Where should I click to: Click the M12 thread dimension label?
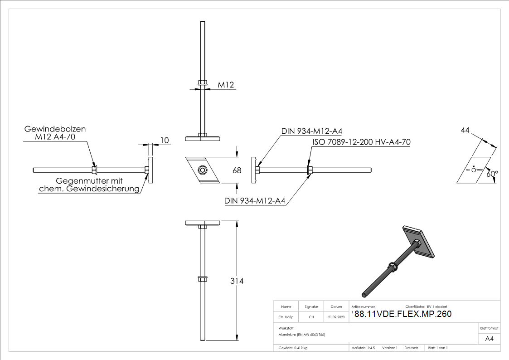click(x=225, y=85)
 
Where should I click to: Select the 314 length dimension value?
click(x=236, y=281)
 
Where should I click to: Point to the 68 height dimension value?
click(x=236, y=170)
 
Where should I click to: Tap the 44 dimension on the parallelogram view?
click(x=465, y=130)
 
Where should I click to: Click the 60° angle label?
click(x=492, y=174)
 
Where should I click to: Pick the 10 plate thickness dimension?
click(x=164, y=141)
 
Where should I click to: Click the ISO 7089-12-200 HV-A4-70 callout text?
click(x=361, y=142)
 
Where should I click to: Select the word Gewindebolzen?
click(x=54, y=129)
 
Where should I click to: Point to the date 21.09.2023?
click(x=336, y=317)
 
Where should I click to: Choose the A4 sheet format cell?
click(x=490, y=339)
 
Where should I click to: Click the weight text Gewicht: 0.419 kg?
click(x=293, y=348)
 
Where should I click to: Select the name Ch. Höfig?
click(x=286, y=317)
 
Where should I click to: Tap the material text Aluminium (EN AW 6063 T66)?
click(x=301, y=335)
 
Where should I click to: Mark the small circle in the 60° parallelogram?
click(x=474, y=170)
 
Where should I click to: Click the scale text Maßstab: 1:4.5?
click(x=363, y=348)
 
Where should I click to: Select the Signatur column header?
click(x=311, y=307)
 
